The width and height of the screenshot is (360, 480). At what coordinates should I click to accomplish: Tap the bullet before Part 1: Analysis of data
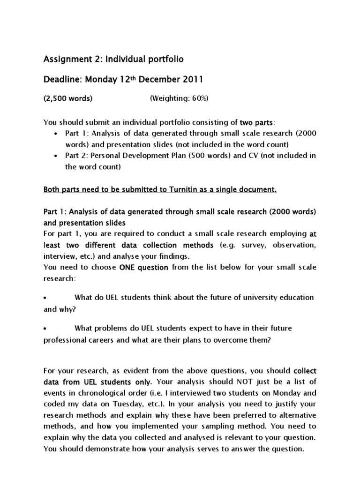56,134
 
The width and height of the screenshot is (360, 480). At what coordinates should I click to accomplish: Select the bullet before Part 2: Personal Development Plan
56,156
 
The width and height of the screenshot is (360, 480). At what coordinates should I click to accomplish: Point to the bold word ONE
128,267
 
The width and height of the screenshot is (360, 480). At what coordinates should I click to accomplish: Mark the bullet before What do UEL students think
45,298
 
